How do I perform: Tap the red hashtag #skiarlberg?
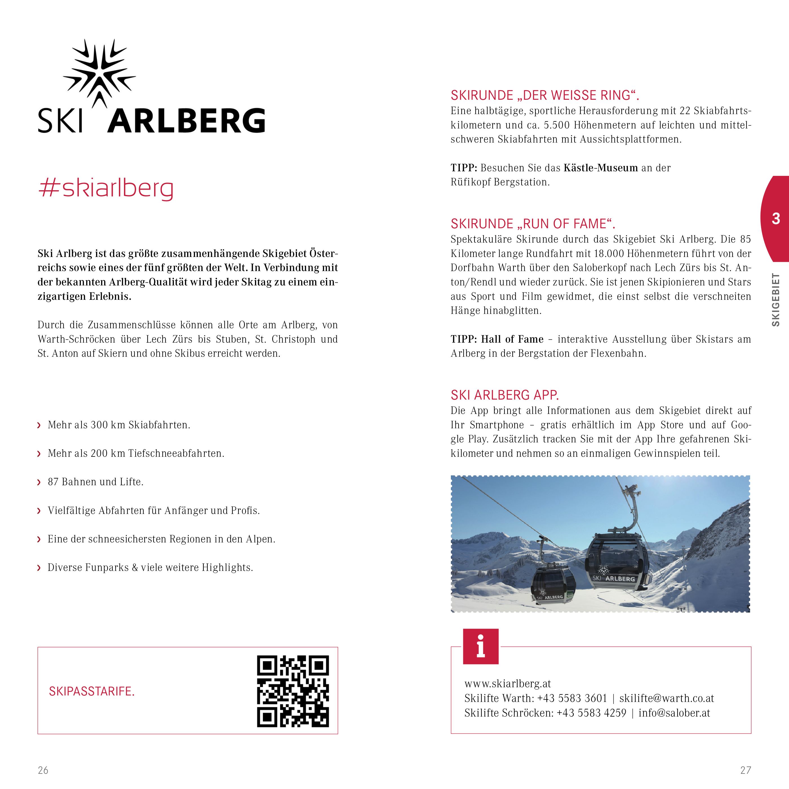[105, 189]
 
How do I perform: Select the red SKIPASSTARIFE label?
[92, 692]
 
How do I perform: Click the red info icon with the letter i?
[481, 646]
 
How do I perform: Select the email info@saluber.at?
[674, 713]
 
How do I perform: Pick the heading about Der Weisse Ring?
[545, 96]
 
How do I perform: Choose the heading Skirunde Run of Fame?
[533, 224]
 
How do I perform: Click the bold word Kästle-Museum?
[600, 168]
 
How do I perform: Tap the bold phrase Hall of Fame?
[512, 339]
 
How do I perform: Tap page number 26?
[43, 770]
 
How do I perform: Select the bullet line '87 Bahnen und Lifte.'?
[96, 482]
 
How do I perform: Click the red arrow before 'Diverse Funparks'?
[39, 568]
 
